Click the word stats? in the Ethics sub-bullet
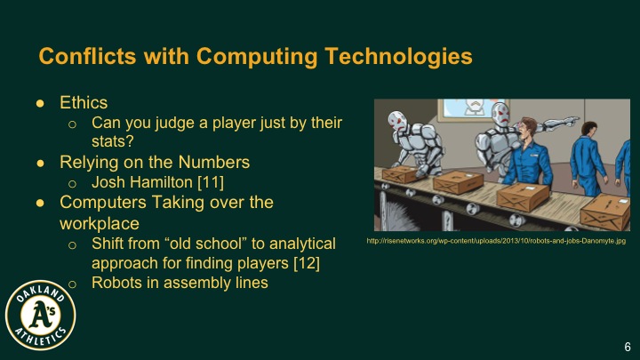110,140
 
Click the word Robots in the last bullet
117,283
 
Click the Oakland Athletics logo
40,316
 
